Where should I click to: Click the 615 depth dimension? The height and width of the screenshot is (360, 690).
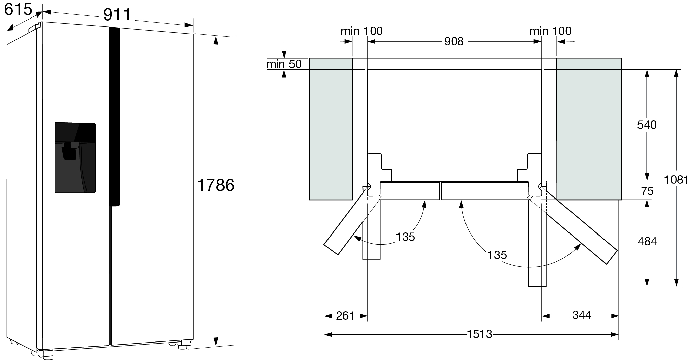[x=18, y=9]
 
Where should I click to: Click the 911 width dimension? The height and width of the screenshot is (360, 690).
[x=117, y=15]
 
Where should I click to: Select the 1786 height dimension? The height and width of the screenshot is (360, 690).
[x=215, y=185]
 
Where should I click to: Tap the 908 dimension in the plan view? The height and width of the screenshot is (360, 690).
[x=454, y=41]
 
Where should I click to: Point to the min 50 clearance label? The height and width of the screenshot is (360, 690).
[x=284, y=64]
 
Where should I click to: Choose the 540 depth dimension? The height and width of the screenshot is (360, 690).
[x=647, y=125]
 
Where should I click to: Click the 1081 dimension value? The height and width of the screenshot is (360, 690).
[x=676, y=180]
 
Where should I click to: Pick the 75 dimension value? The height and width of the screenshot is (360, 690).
[x=647, y=191]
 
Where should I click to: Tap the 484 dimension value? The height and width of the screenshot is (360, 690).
[x=647, y=241]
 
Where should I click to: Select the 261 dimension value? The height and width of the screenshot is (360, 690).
[x=345, y=316]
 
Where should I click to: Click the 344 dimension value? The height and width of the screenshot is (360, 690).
[x=582, y=315]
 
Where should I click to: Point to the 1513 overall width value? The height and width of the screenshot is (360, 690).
[x=479, y=334]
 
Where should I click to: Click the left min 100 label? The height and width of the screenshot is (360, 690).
[x=361, y=31]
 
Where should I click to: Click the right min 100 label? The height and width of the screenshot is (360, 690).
[x=550, y=31]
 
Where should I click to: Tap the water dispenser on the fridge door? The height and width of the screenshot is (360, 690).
[x=75, y=158]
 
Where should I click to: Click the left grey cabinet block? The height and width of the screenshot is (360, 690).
[x=331, y=129]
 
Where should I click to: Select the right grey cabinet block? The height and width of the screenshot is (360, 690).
[x=589, y=129]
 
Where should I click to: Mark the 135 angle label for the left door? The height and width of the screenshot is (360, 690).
[x=405, y=237]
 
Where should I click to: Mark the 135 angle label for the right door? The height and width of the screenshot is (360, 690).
[x=497, y=255]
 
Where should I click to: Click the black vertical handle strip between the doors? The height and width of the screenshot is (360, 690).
[x=114, y=116]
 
